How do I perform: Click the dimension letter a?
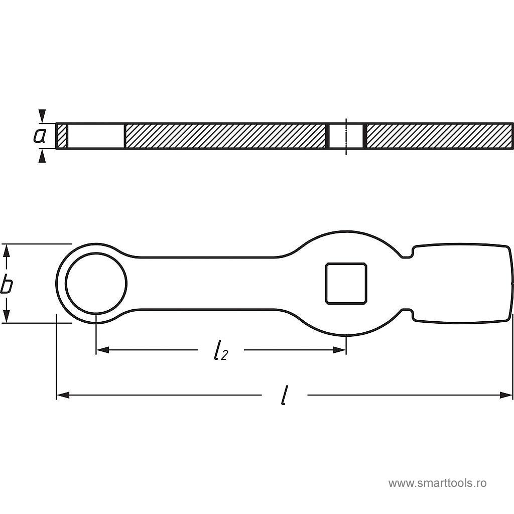pos(39,136)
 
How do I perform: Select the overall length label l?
pos(285,396)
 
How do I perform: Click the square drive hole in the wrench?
pos(346,284)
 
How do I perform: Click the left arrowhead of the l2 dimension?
pos(102,350)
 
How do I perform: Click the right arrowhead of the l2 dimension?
pos(340,350)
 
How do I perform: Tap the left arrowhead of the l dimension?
pos(63,395)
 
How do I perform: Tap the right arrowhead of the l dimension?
pos(505,395)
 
